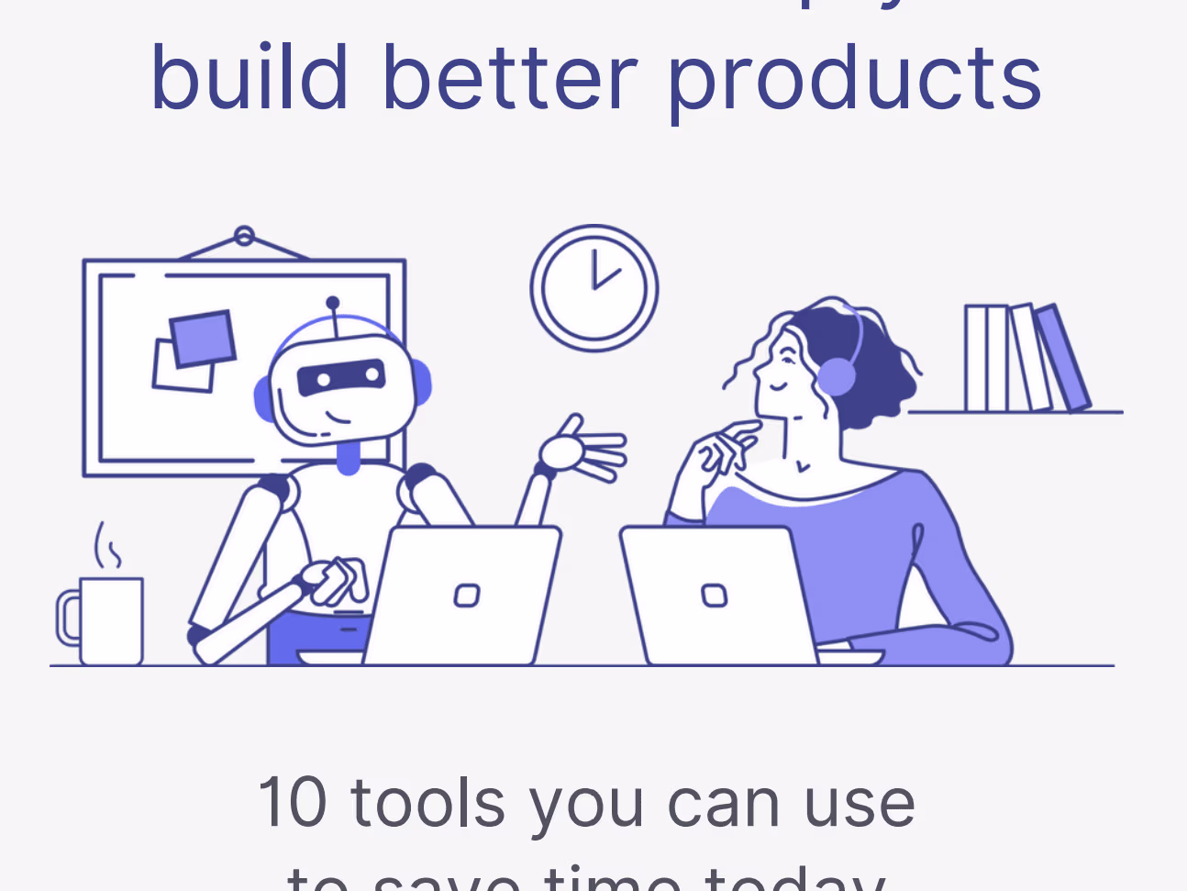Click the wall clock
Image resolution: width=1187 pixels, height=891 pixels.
pos(593,287)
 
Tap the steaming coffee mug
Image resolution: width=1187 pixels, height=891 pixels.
pos(111,619)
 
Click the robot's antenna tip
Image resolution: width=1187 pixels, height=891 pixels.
pos(332,302)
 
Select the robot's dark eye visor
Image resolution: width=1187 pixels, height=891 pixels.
pos(340,376)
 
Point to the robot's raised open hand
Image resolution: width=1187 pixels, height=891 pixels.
pos(582,451)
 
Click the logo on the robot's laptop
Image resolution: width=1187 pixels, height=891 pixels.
pos(467,596)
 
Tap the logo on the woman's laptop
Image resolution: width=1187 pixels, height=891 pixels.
pos(714,596)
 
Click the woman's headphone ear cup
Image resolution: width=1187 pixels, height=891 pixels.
pos(836,377)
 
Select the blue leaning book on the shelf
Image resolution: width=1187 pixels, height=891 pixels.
pos(1063,358)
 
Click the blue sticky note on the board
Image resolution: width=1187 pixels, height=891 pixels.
pos(202,338)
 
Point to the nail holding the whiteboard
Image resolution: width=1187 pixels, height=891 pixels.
pos(244,237)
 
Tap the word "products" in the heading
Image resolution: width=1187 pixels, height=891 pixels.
pos(853,81)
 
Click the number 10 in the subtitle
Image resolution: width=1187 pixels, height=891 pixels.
pos(292,802)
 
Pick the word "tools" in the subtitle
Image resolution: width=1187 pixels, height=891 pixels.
pos(428,802)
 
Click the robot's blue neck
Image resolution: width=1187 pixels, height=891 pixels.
pos(348,456)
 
